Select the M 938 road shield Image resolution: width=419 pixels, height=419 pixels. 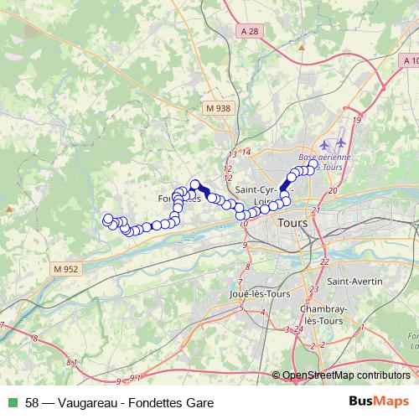[x=216, y=108]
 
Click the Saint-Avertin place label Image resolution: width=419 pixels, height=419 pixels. [x=354, y=281]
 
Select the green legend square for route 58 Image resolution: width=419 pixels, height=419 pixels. [x=11, y=403]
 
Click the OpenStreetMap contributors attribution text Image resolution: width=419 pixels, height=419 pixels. [x=346, y=375]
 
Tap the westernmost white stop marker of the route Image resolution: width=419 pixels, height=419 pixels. [x=107, y=220]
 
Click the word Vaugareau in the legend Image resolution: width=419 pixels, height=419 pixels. [x=86, y=403]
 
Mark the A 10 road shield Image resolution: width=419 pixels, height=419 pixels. [x=410, y=61]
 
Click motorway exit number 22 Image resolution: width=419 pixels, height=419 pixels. [x=323, y=262]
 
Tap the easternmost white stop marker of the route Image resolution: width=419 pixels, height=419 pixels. [x=315, y=168]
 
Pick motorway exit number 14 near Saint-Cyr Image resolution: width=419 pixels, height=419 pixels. [x=246, y=152]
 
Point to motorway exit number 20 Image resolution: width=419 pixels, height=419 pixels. [x=333, y=191]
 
